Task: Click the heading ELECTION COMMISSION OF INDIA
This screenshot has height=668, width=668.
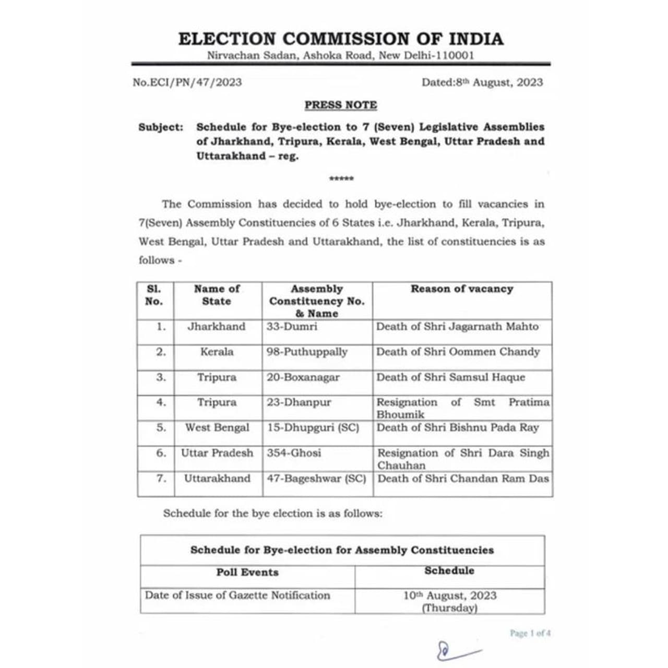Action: [x=341, y=39]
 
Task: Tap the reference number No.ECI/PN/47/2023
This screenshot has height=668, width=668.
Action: [x=187, y=82]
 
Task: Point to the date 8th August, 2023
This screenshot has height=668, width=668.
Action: [x=482, y=82]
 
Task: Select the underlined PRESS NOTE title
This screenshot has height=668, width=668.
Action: [x=341, y=105]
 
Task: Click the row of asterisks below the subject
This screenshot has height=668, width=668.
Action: [x=341, y=179]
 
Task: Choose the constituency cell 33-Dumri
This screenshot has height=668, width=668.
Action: [x=292, y=327]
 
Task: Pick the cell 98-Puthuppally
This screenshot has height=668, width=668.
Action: [x=307, y=352]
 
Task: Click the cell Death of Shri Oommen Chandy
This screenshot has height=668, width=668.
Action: [x=458, y=352]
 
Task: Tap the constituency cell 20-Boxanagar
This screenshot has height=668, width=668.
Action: [x=303, y=377]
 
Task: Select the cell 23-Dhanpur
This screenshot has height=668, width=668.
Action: [x=299, y=402]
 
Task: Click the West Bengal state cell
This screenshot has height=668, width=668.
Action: [x=217, y=428]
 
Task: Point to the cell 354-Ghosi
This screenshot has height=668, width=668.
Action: [x=294, y=453]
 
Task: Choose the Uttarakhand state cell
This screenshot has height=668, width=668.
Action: [x=217, y=479]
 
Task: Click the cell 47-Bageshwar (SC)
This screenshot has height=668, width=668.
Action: [x=316, y=479]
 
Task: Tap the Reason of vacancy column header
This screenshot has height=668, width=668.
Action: [x=462, y=289]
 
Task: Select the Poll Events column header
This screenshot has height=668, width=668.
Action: [x=247, y=572]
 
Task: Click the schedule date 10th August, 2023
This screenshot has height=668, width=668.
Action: [x=450, y=596]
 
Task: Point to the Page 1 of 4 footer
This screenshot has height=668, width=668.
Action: [x=530, y=633]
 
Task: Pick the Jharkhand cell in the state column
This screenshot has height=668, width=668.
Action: [x=217, y=327]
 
